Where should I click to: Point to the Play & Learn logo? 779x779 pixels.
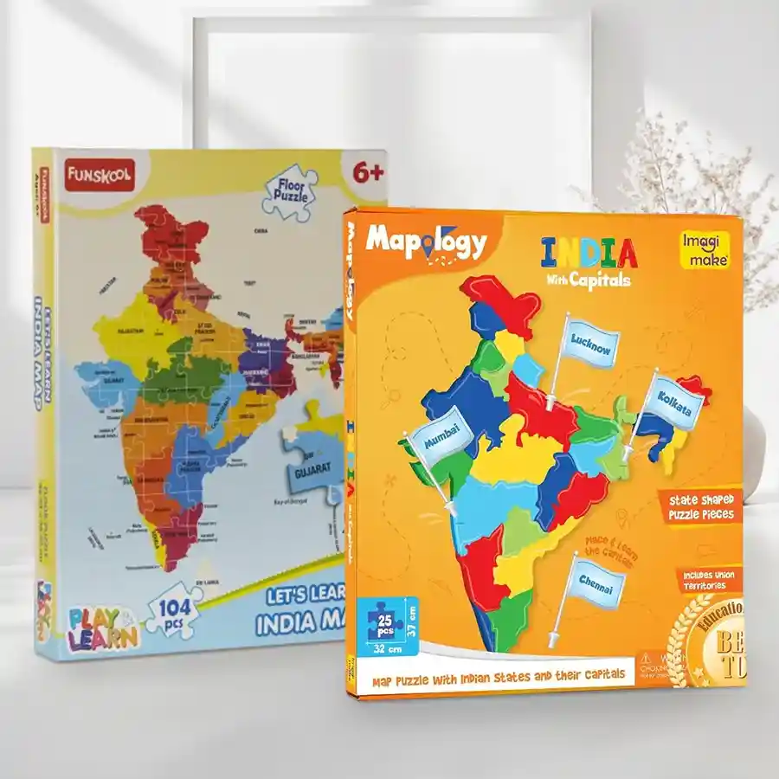click(102, 629)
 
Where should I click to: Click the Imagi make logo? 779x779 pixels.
click(703, 248)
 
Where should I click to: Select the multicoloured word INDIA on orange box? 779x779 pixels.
click(589, 252)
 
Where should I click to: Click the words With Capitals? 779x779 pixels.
click(588, 280)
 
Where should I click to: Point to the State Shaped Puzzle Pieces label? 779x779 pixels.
click(700, 506)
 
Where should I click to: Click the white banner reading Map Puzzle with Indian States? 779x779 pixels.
click(499, 678)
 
